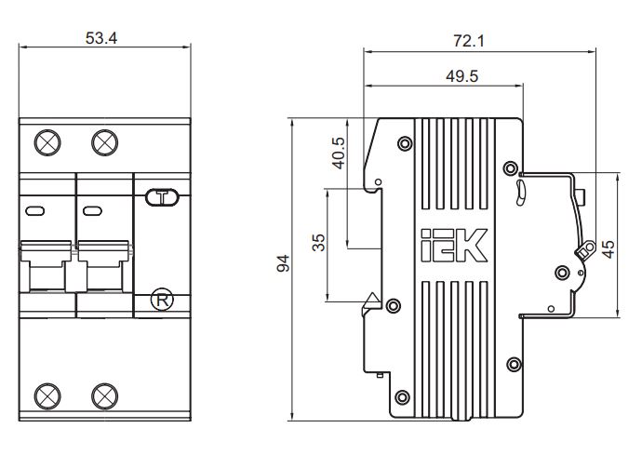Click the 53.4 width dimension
click(101, 38)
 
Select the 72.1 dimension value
click(469, 41)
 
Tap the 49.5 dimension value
click(461, 76)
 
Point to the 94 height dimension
click(283, 263)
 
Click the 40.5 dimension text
click(339, 153)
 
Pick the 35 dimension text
click(318, 242)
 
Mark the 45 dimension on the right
click(609, 249)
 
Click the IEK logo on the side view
click(454, 245)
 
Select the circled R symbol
click(162, 301)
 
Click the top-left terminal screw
click(47, 142)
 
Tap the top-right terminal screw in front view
click(105, 142)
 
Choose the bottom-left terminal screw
click(47, 396)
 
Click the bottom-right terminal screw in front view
click(105, 396)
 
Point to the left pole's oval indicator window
click(35, 211)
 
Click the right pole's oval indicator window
click(92, 211)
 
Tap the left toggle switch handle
click(47, 266)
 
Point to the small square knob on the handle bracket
click(580, 196)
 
